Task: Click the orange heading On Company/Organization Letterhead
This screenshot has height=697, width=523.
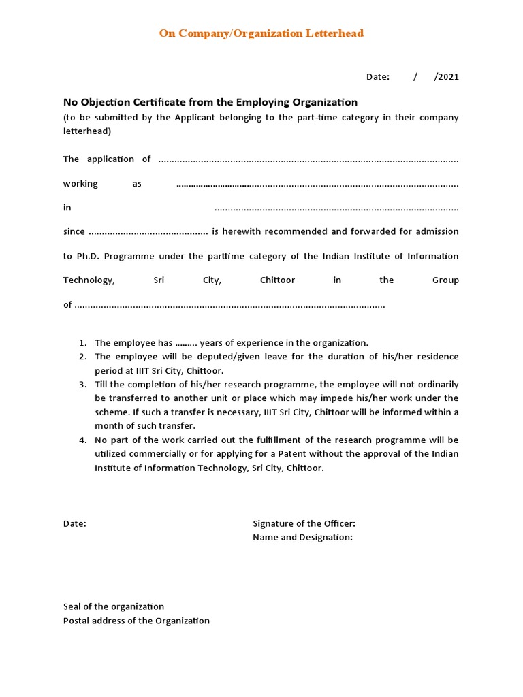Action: [x=261, y=33]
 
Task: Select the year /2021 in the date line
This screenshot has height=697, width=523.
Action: [x=447, y=77]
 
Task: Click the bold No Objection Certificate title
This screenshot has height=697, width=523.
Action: [x=210, y=102]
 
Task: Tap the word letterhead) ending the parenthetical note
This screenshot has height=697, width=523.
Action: [x=87, y=131]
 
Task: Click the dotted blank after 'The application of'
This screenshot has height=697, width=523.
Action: [x=308, y=159]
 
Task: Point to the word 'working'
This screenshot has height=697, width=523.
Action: [x=80, y=184]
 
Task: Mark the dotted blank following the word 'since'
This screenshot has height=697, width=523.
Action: [x=148, y=232]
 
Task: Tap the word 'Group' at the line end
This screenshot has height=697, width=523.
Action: [x=445, y=280]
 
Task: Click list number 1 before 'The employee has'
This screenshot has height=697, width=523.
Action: [x=82, y=343]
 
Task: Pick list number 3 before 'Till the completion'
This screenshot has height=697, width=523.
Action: [x=82, y=385]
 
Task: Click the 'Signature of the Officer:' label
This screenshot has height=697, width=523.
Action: [x=304, y=523]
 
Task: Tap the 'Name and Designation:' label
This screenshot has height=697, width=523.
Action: [x=302, y=538]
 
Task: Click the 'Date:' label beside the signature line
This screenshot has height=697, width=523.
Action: [x=75, y=523]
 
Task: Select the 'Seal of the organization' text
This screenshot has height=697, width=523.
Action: [x=114, y=606]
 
